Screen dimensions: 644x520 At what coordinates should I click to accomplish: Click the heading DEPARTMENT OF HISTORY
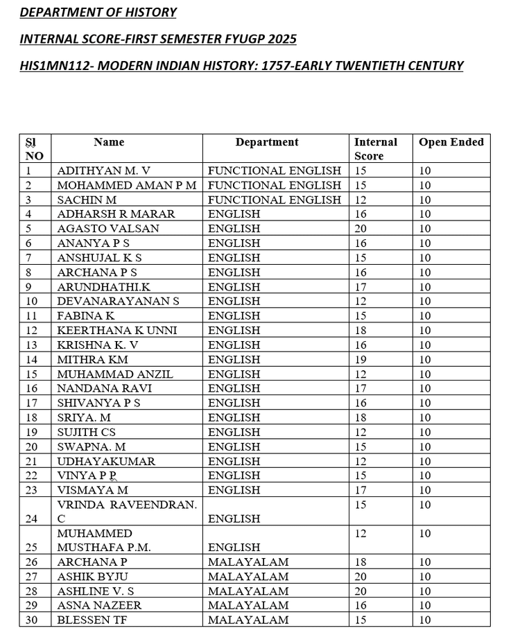[x=98, y=12]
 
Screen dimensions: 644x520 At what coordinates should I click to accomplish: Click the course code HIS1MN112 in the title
[x=49, y=66]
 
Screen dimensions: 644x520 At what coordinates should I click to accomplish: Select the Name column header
[x=109, y=142]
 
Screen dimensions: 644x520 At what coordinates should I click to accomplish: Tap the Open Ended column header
[x=451, y=142]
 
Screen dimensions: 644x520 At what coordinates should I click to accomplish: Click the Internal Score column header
[x=375, y=148]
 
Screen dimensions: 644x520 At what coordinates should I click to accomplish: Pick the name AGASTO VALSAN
[x=108, y=229]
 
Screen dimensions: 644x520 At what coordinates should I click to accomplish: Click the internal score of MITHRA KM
[x=361, y=360]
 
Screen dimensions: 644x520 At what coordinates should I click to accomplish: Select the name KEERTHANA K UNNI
[x=117, y=331]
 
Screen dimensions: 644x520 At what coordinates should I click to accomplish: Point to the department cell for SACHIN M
[x=275, y=200]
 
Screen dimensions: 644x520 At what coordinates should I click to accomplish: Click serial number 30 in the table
[x=32, y=620]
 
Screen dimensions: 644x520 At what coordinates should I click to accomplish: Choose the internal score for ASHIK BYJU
[x=361, y=577]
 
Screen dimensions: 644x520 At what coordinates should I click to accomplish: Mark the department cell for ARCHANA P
[x=248, y=562]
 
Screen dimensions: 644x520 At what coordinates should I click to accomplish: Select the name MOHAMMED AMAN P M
[x=127, y=185]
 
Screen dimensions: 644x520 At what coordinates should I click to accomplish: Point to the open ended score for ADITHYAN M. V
[x=424, y=171]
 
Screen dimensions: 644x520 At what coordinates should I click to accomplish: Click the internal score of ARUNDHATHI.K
[x=361, y=287]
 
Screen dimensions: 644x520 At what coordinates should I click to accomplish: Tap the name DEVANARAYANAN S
[x=119, y=302]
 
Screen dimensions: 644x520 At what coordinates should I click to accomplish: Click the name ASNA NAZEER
[x=99, y=606]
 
